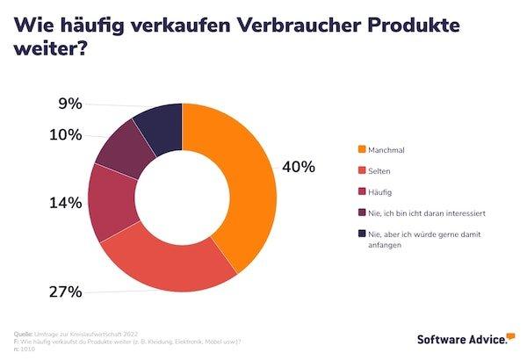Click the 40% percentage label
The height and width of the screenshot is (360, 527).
[x=298, y=167]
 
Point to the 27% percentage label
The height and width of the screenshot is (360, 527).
[x=66, y=291]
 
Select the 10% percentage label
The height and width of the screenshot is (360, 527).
[x=66, y=135]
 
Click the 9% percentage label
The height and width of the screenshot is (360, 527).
[x=70, y=104]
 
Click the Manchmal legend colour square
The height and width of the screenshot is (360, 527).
[x=360, y=150]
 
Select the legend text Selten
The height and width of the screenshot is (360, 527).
[x=379, y=170]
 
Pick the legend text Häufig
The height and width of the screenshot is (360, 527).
[x=381, y=191]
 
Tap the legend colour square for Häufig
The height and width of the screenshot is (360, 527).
[x=360, y=191]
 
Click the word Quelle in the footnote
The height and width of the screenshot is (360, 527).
[x=25, y=334]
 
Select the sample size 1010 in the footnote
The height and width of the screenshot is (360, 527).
[x=30, y=348]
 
